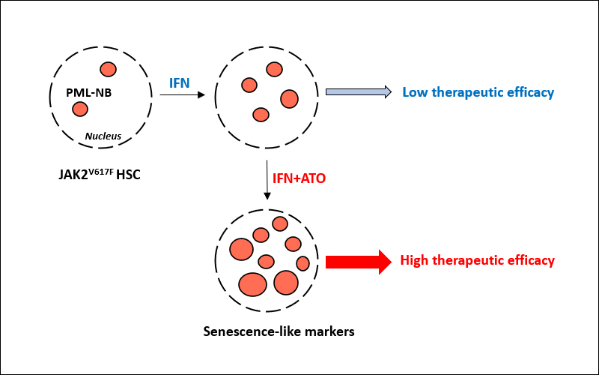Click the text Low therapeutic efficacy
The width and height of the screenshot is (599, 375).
(478, 92)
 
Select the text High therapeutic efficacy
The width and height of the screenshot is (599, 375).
(477, 261)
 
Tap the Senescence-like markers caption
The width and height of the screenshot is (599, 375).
(279, 330)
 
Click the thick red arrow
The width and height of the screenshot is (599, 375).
(358, 261)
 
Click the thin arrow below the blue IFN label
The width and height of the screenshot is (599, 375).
(182, 95)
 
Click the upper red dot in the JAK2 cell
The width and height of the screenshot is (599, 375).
(109, 70)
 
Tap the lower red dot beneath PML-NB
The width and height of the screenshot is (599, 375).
(79, 109)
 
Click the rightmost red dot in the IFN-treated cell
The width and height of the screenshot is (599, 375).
(290, 98)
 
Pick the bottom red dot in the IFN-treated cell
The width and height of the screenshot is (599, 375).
(261, 115)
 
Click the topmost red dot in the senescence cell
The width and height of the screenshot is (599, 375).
(280, 223)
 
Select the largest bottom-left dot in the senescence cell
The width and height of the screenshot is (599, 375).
(252, 284)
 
